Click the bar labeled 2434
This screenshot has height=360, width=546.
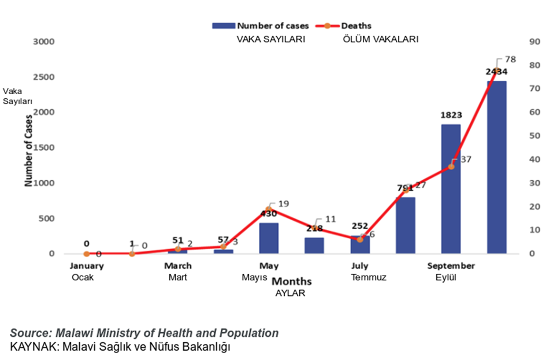click(496, 168)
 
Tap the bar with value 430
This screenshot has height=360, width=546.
click(269, 238)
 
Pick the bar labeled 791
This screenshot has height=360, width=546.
click(405, 225)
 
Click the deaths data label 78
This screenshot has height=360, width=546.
click(510, 60)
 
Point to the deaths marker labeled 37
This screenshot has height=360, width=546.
click(451, 166)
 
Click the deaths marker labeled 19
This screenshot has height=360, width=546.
click(269, 209)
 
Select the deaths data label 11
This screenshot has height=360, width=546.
click(330, 220)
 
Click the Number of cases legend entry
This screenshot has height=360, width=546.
click(261, 25)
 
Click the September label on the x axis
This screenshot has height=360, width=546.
click(451, 266)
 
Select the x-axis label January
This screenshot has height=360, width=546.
click(87, 266)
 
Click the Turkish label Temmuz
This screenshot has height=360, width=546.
click(368, 277)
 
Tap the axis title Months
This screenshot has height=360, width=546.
click(292, 281)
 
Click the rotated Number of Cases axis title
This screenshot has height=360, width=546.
click(27, 149)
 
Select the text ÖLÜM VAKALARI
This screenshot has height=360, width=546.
click(380, 39)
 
